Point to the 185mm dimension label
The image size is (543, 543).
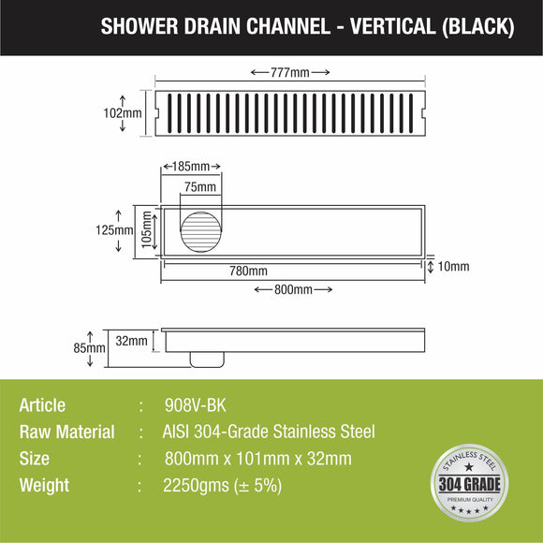coord(192,167)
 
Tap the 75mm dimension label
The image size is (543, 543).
coord(199,187)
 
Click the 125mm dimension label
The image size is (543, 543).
coord(118,230)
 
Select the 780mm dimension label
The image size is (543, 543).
coord(248,271)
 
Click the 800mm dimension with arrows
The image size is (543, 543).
coord(294,289)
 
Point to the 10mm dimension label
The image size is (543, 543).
coord(453,267)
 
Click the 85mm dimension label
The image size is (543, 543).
coord(90,347)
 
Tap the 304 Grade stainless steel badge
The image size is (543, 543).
coord(469,481)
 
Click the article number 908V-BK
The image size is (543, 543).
coord(194,405)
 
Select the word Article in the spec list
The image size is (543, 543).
coord(42,405)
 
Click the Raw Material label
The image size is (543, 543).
coord(66,432)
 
